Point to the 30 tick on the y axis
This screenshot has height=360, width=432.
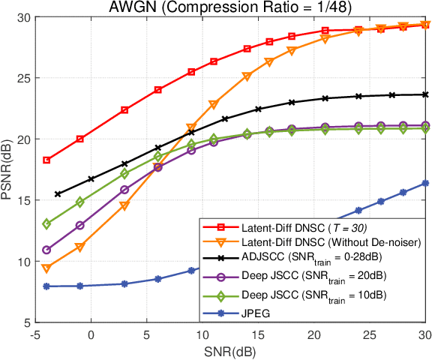coord(22,17)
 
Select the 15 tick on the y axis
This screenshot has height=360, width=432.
coord(22,200)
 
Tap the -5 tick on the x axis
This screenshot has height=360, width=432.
coord(35,335)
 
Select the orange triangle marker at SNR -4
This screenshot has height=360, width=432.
coord(46,268)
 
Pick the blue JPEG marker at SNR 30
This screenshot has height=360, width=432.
coord(426,183)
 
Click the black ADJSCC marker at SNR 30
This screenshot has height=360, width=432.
coord(426,94)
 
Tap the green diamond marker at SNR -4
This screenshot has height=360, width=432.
coord(46,223)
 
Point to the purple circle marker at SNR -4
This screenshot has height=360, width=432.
coord(46,250)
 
